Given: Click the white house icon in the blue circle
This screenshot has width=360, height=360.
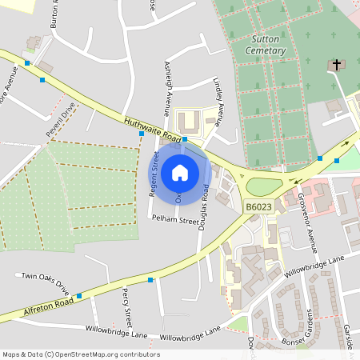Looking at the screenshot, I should pos(180,172).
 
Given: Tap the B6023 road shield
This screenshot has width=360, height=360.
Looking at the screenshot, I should pos(258,207).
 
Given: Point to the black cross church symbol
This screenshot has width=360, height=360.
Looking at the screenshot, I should pos(336,64).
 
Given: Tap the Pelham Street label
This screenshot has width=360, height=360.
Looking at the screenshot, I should pos(178,220).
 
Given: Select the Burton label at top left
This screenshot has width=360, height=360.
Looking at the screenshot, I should pos(55,14).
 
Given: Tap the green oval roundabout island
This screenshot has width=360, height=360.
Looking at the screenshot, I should pos(265,187).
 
